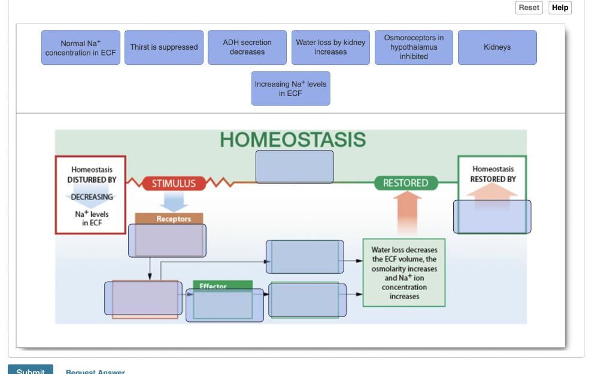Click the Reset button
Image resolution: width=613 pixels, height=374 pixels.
(x=529, y=8)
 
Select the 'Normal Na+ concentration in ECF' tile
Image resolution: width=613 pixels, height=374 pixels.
(x=81, y=48)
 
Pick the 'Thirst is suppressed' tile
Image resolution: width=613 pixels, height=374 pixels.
(x=164, y=47)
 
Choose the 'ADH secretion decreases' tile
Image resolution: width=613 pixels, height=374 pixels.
(x=247, y=47)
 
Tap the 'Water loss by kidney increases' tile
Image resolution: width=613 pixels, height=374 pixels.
(x=330, y=47)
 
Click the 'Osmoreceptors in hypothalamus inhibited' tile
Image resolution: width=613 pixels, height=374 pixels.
(x=414, y=47)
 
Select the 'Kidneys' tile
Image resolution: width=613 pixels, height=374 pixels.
(x=497, y=47)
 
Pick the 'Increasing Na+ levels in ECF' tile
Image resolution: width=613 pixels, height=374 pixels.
(x=290, y=89)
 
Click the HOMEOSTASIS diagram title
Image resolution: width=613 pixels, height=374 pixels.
(x=293, y=140)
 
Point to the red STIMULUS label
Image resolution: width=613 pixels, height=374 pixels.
(x=174, y=183)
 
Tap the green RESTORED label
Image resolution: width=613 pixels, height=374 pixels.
(x=406, y=183)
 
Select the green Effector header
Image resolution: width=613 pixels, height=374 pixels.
(x=213, y=285)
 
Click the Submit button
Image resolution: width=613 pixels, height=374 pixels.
(x=31, y=369)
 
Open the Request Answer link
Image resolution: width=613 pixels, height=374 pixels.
(x=95, y=372)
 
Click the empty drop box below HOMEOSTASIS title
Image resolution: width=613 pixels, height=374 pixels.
(x=295, y=167)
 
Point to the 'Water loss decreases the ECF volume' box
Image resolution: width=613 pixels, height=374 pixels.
(x=404, y=273)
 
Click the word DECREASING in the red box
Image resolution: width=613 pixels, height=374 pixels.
(x=92, y=197)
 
